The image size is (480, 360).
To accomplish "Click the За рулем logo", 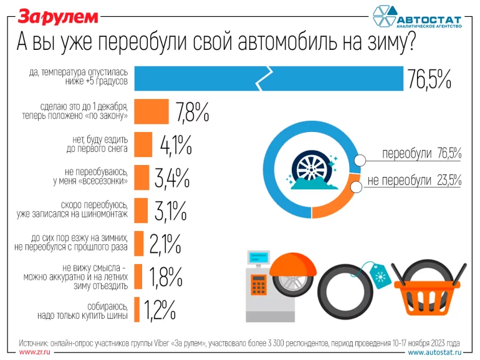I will click(58, 16).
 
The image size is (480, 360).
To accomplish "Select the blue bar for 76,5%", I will click(269, 77).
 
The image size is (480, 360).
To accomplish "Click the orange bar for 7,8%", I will click(151, 111).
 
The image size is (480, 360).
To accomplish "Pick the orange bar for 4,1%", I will click(143, 144).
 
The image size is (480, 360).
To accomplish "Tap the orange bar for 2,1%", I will click(139, 243).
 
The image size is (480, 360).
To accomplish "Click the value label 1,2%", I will click(160, 308).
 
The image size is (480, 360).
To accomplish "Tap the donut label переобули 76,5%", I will click(421, 153).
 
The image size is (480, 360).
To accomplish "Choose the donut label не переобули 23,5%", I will click(414, 180).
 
